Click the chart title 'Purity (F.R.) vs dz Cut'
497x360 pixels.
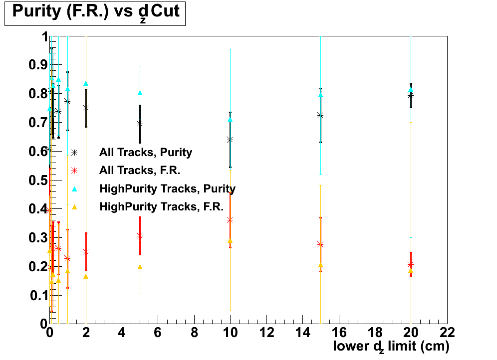(95, 12)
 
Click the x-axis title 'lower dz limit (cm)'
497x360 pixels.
(391, 346)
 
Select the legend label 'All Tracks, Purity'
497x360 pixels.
(146, 152)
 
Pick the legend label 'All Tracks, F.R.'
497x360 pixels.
(139, 171)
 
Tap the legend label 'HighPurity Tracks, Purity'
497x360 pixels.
(167, 188)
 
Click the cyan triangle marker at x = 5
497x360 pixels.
(140, 93)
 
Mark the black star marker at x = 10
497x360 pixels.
(230, 140)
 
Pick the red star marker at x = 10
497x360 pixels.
(230, 219)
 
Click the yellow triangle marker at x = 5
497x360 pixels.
(140, 267)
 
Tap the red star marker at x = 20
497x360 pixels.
(411, 264)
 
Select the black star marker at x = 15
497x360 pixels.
(320, 115)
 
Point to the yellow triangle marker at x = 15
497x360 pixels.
(320, 265)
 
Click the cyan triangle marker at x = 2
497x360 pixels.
(86, 83)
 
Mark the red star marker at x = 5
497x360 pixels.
(140, 236)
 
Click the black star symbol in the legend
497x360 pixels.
(74, 153)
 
